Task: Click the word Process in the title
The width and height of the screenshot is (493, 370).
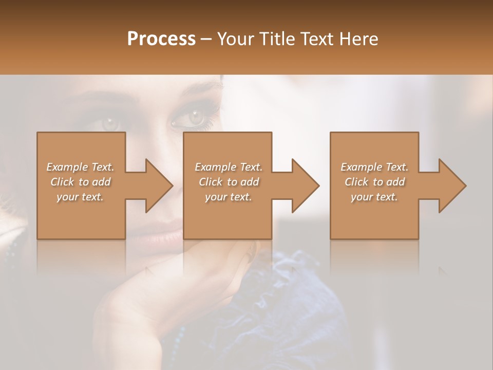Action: tap(161, 39)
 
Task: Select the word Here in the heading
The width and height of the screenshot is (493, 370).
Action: tap(358, 39)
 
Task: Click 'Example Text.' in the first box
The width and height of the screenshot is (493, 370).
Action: tap(80, 167)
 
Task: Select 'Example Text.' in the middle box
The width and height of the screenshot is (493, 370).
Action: tap(228, 167)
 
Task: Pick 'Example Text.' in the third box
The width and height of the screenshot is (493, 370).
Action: tap(374, 167)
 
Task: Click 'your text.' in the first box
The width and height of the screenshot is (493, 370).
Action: tap(80, 197)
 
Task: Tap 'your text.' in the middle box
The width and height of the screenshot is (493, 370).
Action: tap(228, 197)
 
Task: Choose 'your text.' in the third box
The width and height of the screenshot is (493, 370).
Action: tap(374, 197)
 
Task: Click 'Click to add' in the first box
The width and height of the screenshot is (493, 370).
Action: tap(80, 182)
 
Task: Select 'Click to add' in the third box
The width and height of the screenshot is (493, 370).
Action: tap(374, 182)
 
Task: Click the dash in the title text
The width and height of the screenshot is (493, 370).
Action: tap(206, 40)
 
